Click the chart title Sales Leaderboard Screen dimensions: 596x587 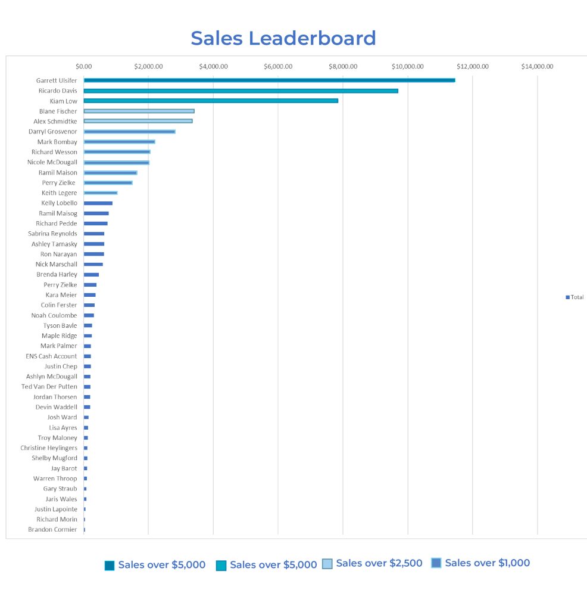pos(283,38)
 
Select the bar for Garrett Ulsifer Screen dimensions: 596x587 pos(269,80)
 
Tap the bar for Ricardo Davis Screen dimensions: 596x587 pos(241,91)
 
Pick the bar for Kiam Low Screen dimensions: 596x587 pos(211,101)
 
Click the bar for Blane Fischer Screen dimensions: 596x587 pos(139,111)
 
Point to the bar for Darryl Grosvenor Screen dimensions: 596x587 pos(129,132)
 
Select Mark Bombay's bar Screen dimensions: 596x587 pos(119,142)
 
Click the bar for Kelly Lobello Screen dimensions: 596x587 pos(98,203)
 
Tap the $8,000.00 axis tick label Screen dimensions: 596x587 pos(343,66)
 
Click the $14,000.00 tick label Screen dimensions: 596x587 pos(537,66)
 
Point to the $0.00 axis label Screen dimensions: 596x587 pos(84,66)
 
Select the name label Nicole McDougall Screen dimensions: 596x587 pos(52,162)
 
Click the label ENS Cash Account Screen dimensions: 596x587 pos(51,356)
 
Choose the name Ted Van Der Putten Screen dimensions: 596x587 pos(49,387)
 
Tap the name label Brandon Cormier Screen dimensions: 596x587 pos(52,529)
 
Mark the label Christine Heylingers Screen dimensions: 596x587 pos(49,448)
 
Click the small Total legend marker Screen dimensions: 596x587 pos(567,297)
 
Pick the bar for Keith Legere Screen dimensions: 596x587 pos(100,193)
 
